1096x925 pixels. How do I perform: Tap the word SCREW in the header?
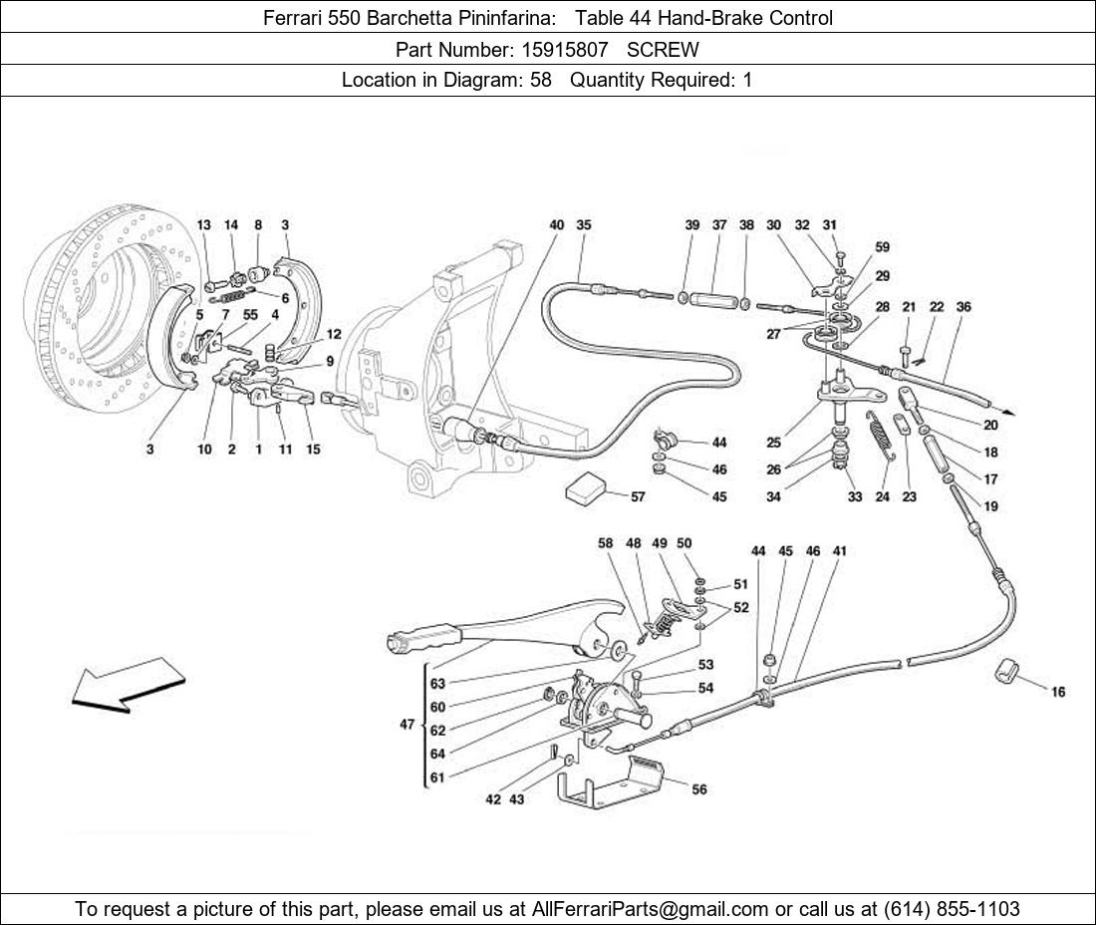tap(663, 50)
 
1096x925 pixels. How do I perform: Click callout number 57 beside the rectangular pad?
tap(638, 496)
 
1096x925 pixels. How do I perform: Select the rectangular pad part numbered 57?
tap(588, 486)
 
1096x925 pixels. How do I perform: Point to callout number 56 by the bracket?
tap(699, 789)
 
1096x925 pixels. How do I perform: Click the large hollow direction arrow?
tap(129, 685)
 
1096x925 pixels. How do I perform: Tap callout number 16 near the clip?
tap(1058, 692)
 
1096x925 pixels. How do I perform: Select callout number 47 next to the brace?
tap(408, 725)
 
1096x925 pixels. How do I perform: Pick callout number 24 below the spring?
tap(882, 496)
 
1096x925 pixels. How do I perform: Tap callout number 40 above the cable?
tap(556, 225)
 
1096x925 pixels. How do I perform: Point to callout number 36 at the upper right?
tap(963, 306)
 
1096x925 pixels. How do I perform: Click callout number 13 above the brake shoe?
tap(203, 225)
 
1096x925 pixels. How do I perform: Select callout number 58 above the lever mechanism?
tap(606, 543)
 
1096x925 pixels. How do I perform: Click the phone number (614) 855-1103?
tap(952, 909)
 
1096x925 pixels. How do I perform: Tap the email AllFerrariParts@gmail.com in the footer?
tap(650, 909)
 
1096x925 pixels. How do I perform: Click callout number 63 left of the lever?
tap(437, 684)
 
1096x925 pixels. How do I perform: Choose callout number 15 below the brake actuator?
tap(313, 450)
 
